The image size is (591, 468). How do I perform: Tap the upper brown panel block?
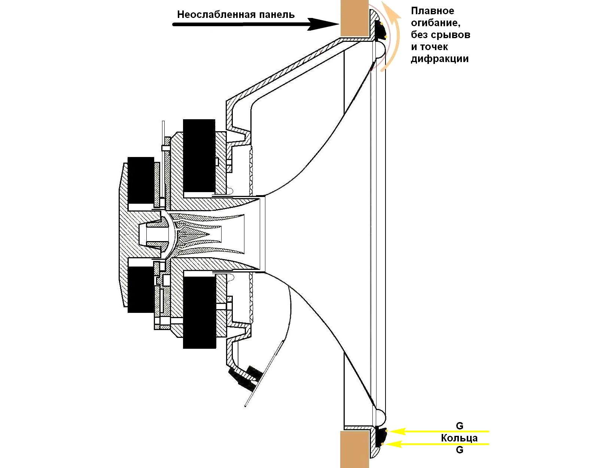[354, 18]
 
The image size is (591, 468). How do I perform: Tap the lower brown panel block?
[354, 449]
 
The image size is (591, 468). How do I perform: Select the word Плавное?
[433, 11]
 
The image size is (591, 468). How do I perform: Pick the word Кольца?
[459, 438]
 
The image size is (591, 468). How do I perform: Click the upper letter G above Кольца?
[460, 426]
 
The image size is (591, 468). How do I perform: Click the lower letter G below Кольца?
[460, 450]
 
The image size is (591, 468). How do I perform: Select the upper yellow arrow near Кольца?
[439, 431]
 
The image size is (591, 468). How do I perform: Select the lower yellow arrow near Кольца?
[439, 444]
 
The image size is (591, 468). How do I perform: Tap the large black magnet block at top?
[199, 156]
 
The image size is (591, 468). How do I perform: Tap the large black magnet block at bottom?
[199, 312]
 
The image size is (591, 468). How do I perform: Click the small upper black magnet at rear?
[141, 180]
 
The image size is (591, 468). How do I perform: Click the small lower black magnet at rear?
[141, 289]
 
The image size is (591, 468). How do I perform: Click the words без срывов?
[441, 35]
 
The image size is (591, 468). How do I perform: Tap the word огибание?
[436, 23]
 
